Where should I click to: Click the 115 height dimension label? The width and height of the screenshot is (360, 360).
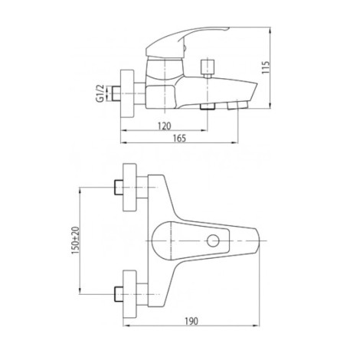[266, 67]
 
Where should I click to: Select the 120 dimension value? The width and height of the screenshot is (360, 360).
[164, 126]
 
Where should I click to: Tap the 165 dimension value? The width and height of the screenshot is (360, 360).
[179, 138]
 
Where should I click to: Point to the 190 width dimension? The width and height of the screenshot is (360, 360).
[191, 321]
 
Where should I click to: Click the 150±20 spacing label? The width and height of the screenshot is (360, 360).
[76, 241]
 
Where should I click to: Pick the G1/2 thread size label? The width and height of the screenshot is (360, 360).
[101, 93]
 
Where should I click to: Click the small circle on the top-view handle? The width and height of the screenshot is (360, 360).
[213, 241]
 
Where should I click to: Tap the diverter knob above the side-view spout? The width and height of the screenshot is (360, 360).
[208, 67]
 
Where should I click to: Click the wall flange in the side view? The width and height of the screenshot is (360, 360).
[127, 93]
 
